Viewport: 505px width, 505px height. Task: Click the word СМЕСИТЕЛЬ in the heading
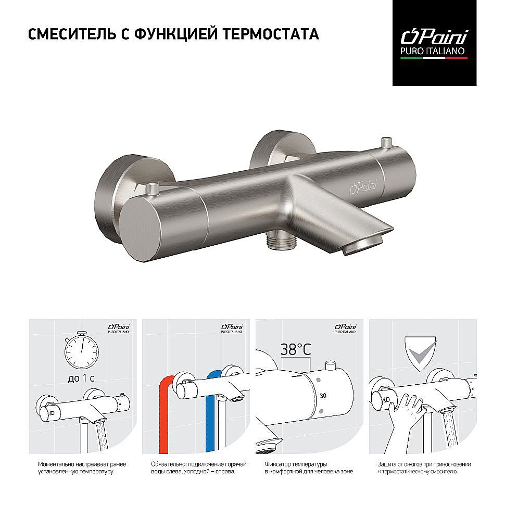71,34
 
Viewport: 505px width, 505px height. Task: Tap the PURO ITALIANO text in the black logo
432,51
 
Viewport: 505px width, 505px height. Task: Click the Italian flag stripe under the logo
434,58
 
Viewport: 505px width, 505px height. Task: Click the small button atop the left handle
152,189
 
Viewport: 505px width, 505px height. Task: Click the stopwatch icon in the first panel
82,350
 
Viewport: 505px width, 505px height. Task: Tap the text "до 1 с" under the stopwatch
81,378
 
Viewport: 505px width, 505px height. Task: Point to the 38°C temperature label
296,349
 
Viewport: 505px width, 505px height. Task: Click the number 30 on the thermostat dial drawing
323,396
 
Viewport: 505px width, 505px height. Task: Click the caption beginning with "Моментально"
82,468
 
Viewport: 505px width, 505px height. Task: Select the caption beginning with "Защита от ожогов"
424,468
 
